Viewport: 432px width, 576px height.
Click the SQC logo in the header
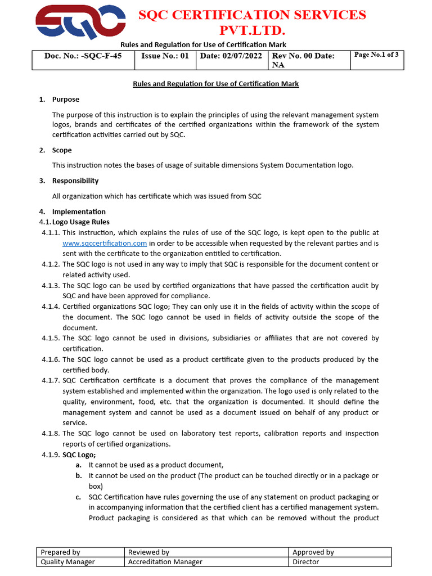coord(80,22)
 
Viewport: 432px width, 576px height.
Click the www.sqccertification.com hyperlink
coord(105,244)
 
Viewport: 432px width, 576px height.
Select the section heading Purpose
coord(66,100)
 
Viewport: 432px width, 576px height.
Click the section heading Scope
coord(62,150)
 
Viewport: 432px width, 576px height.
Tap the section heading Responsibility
coord(75,181)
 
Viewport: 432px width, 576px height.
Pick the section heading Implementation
coord(79,211)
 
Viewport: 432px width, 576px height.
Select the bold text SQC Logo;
coord(79,454)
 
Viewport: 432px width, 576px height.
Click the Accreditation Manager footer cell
coord(165,562)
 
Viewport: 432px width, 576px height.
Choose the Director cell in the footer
coord(306,562)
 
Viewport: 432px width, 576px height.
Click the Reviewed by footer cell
coord(148,552)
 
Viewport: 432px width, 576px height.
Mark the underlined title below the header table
coord(215,84)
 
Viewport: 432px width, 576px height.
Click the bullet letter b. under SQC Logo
coord(79,476)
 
